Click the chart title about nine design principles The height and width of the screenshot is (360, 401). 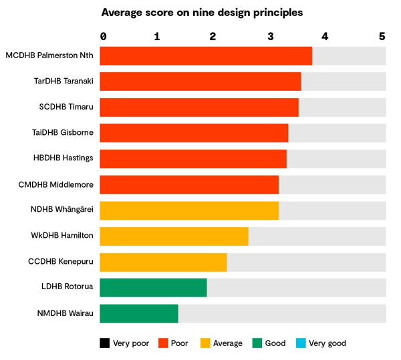(202, 12)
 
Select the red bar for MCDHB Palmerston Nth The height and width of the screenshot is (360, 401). (206, 56)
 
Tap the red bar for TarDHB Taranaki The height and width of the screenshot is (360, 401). (200, 81)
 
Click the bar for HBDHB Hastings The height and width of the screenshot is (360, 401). (193, 159)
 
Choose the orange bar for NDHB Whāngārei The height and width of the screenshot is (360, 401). (189, 210)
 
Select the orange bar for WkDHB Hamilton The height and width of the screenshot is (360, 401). (174, 236)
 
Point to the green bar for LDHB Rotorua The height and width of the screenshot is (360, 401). (153, 288)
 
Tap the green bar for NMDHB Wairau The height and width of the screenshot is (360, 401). (139, 313)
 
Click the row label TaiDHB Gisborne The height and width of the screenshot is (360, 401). (63, 133)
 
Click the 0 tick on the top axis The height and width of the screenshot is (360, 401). (103, 37)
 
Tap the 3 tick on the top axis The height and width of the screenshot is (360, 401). (270, 37)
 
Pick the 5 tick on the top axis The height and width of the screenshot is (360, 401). (382, 37)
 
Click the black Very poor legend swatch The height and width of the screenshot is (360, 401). (105, 343)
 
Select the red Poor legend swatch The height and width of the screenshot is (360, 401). (162, 343)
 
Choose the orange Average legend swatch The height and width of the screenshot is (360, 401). (205, 343)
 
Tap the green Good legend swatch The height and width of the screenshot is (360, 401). (257, 343)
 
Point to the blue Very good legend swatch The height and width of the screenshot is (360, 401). (300, 343)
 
